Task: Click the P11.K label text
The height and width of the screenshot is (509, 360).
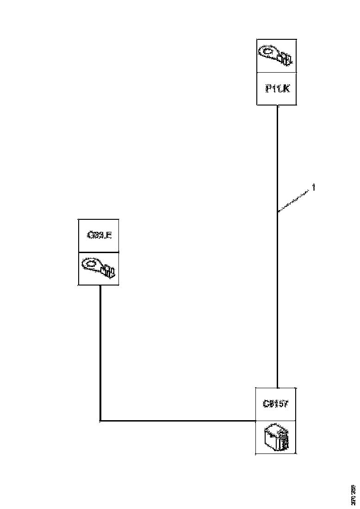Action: pyautogui.click(x=277, y=88)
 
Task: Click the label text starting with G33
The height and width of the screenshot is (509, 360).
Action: pyautogui.click(x=99, y=236)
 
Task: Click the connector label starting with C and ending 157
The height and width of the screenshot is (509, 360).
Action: pyautogui.click(x=276, y=404)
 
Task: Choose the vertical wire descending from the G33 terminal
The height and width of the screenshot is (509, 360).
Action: pyautogui.click(x=100, y=352)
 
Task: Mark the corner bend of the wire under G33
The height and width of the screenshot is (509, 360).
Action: pyautogui.click(x=100, y=421)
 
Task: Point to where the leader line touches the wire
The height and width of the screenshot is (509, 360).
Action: pyautogui.click(x=277, y=212)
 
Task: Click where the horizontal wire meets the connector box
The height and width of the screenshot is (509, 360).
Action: pyautogui.click(x=256, y=421)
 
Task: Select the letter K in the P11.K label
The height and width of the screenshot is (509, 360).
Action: pyautogui.click(x=286, y=88)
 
